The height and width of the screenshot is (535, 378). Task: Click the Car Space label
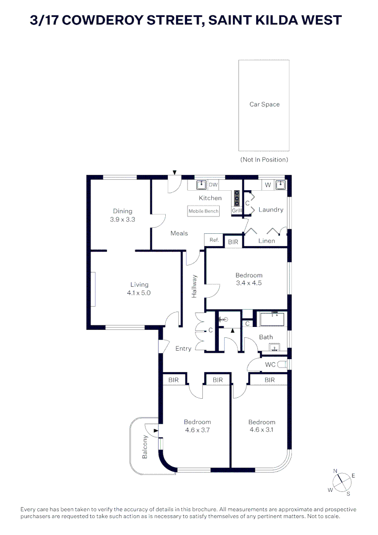[264, 105]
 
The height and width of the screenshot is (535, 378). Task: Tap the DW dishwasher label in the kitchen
[213, 185]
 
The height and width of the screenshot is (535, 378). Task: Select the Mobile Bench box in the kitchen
[203, 211]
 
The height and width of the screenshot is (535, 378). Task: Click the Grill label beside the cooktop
[236, 211]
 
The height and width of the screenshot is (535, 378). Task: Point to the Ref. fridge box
[214, 240]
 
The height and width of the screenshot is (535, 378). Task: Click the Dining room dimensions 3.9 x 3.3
[122, 219]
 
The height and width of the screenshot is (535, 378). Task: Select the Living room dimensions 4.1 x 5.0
[139, 293]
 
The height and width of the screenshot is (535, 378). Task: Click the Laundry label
[271, 210]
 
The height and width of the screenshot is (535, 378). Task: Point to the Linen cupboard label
[267, 241]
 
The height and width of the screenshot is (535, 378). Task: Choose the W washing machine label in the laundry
[267, 185]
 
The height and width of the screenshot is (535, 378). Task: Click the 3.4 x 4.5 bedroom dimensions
[248, 283]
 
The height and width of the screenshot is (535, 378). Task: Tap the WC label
[270, 365]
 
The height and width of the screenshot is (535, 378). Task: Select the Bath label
[266, 337]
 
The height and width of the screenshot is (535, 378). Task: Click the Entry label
[183, 349]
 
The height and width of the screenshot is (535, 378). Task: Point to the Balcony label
[145, 446]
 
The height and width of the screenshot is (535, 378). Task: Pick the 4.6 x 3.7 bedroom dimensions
[197, 430]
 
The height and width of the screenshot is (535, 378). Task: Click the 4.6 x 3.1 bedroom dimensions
[261, 430]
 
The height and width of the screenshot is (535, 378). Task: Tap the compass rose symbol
[340, 481]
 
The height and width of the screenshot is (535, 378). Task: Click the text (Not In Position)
[264, 160]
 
